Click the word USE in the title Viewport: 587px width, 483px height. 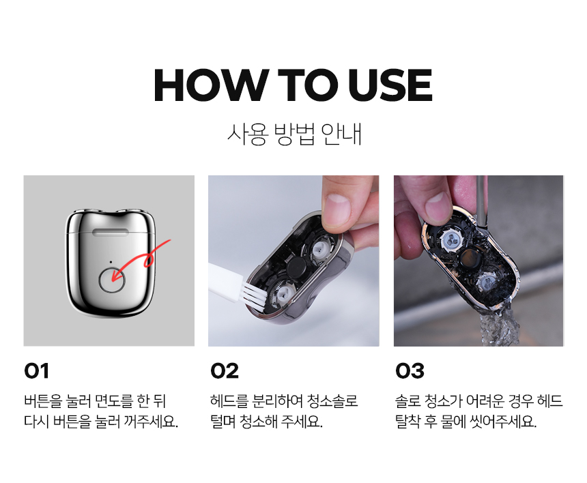tap(390, 85)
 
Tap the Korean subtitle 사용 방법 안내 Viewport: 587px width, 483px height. tap(294, 134)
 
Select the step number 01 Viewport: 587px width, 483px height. tap(36, 370)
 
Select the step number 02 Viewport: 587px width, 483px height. tap(225, 370)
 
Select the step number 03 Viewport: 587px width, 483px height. tap(410, 370)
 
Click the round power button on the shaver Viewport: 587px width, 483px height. tap(112, 280)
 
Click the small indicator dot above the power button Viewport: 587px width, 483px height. tap(111, 262)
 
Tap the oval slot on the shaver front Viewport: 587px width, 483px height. tap(111, 232)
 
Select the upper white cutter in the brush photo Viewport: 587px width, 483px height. tap(320, 250)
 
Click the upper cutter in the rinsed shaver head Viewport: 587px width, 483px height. tap(451, 239)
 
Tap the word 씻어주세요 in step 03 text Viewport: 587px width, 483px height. tap(503, 422)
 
